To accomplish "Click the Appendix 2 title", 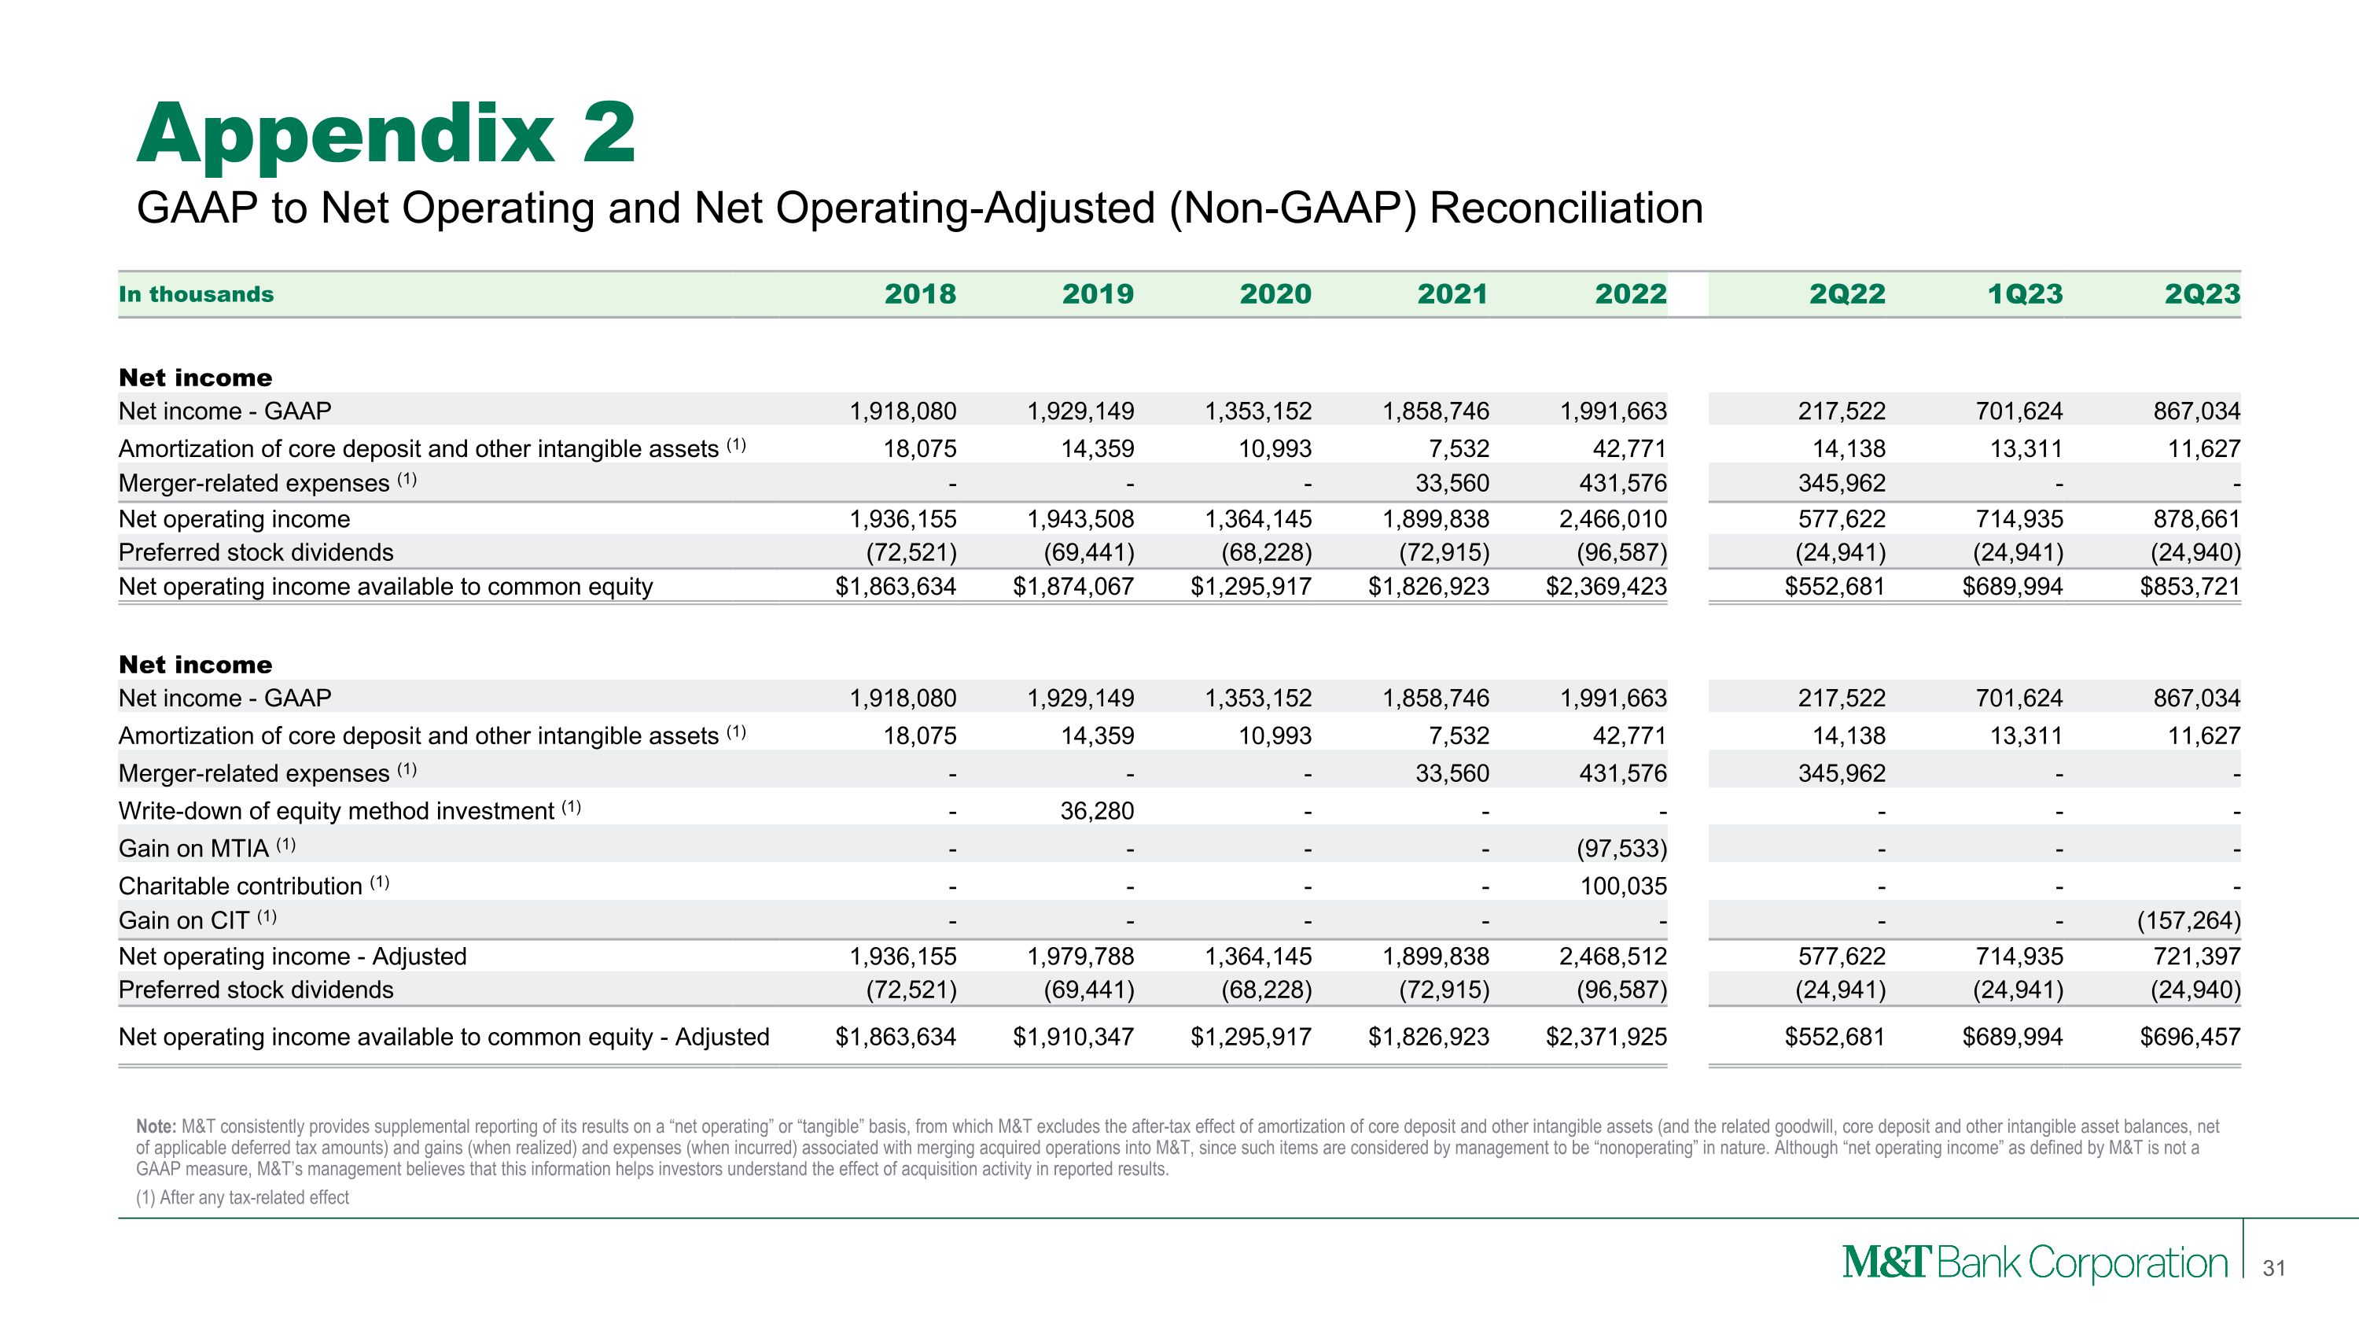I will (385, 135).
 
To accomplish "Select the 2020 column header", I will (1275, 294).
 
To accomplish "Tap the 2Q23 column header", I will (2202, 294).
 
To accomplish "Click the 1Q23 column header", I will (2025, 294).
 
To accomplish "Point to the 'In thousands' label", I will (196, 294).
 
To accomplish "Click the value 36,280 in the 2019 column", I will (1096, 810).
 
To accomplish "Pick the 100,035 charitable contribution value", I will (1623, 886).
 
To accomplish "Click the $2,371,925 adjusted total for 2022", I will (1606, 1037).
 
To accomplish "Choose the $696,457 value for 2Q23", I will (2190, 1037).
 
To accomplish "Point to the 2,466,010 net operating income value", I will (1613, 519).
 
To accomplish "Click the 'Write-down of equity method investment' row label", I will (336, 810).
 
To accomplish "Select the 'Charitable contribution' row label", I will (241, 886).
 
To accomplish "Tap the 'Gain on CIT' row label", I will (184, 920).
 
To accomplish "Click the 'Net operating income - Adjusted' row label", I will (293, 956).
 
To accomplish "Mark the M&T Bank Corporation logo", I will (2034, 1264).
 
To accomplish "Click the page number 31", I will (2274, 1268).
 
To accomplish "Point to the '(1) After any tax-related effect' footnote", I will (243, 1198).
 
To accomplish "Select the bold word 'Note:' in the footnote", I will (156, 1126).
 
